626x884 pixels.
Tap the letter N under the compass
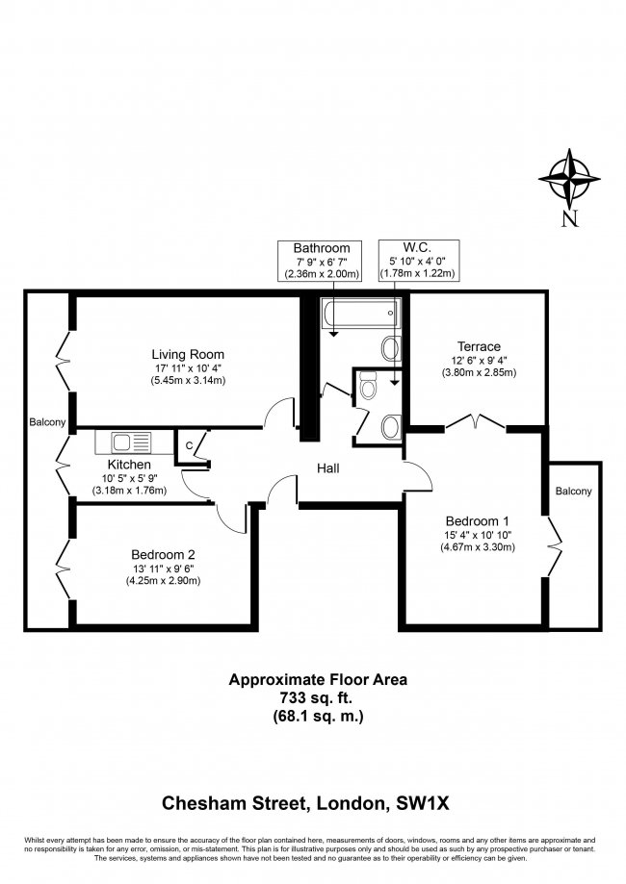(x=569, y=218)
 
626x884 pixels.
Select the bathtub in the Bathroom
(x=358, y=313)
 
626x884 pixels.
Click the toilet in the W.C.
(x=366, y=389)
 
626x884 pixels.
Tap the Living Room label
(x=187, y=351)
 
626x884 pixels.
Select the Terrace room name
(x=479, y=346)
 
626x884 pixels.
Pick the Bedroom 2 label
(x=163, y=554)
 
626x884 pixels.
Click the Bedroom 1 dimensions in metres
(x=478, y=547)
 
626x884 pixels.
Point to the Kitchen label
(x=129, y=464)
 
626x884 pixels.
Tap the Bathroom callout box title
(x=322, y=248)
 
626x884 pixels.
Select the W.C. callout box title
(x=417, y=247)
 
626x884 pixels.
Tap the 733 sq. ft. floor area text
(x=317, y=697)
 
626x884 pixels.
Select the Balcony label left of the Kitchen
(x=47, y=422)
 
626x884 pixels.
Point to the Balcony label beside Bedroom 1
(x=574, y=492)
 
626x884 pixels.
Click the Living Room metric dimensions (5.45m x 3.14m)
(x=187, y=380)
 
